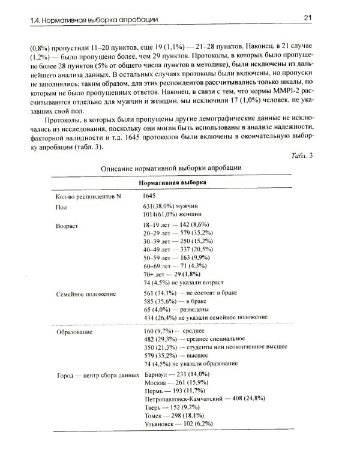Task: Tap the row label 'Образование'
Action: coord(73,332)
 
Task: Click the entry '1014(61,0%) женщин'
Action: coord(175,214)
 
